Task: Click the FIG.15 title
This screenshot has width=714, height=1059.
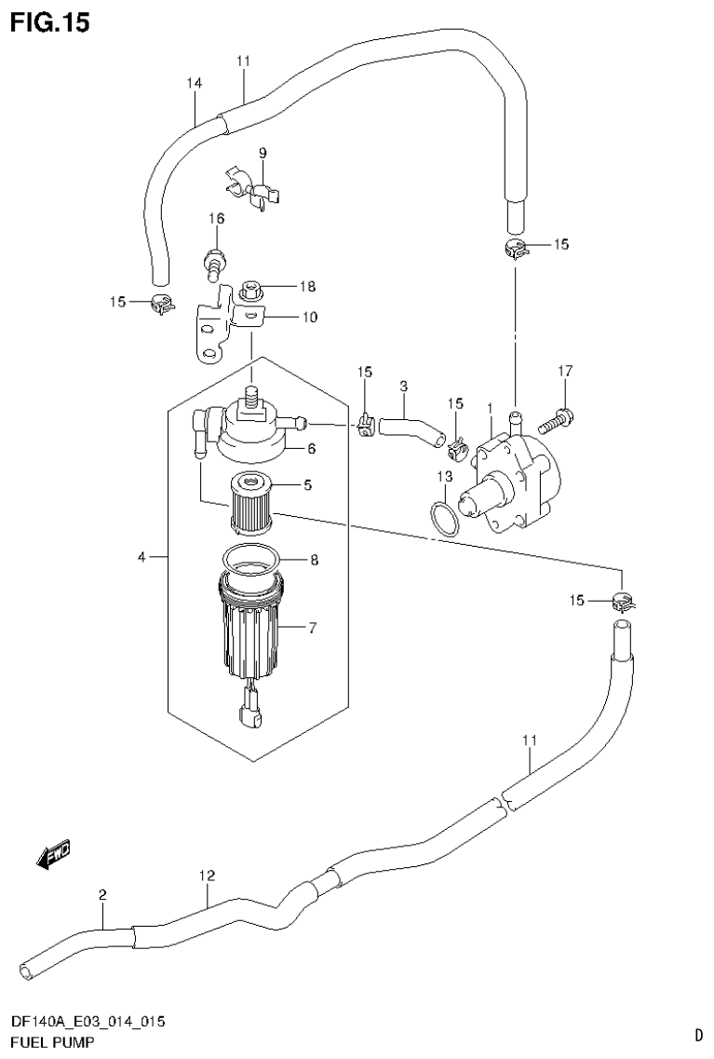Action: point(50,22)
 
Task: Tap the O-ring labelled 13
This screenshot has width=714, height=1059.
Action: point(444,518)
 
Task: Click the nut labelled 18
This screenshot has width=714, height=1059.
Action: point(249,291)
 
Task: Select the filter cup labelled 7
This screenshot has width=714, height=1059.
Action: point(251,633)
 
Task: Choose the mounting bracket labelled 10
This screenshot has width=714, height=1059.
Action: point(223,326)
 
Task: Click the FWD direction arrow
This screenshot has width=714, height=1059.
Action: point(53,854)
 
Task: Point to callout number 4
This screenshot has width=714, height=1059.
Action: point(141,557)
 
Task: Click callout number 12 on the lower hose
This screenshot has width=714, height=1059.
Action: point(207,876)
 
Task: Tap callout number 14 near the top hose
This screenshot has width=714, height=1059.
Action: point(194,83)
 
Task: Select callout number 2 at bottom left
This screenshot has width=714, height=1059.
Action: point(102,895)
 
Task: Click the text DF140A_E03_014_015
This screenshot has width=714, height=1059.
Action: point(88,1023)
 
